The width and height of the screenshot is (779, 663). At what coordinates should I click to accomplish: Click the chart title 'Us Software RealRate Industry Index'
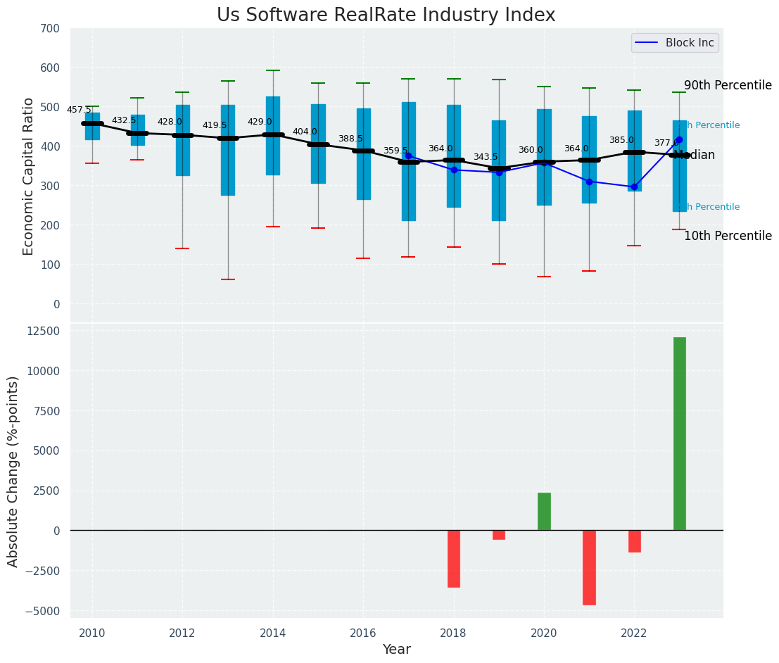coord(386,15)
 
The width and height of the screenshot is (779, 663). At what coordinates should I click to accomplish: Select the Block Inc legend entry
coord(674,43)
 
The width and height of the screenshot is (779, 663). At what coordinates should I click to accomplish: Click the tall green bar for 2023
coord(679,434)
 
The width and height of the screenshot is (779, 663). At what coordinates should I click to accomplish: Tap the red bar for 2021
coord(589,567)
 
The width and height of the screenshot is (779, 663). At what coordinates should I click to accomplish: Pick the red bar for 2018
coord(454,559)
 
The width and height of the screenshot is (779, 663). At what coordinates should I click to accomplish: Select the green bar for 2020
coord(544,512)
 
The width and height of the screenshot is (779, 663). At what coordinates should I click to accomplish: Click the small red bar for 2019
coord(499,535)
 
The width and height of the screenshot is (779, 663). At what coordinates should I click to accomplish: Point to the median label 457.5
coord(79,110)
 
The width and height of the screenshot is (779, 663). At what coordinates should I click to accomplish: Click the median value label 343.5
coord(486,157)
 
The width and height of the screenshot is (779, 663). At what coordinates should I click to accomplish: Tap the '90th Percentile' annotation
coord(728,85)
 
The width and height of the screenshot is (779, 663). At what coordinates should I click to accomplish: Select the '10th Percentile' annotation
coord(728,236)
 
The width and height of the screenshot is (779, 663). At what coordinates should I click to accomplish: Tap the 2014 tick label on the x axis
coord(273,633)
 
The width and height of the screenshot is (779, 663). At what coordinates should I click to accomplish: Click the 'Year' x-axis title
coord(397,650)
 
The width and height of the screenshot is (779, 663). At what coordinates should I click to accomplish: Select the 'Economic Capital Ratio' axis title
coord(29,176)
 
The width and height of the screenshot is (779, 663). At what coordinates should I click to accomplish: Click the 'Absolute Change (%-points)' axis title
coord(13,472)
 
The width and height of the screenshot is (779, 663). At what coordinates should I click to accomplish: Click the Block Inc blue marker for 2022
coord(634,187)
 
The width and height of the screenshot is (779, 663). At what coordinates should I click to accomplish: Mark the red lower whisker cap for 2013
coord(227,279)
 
